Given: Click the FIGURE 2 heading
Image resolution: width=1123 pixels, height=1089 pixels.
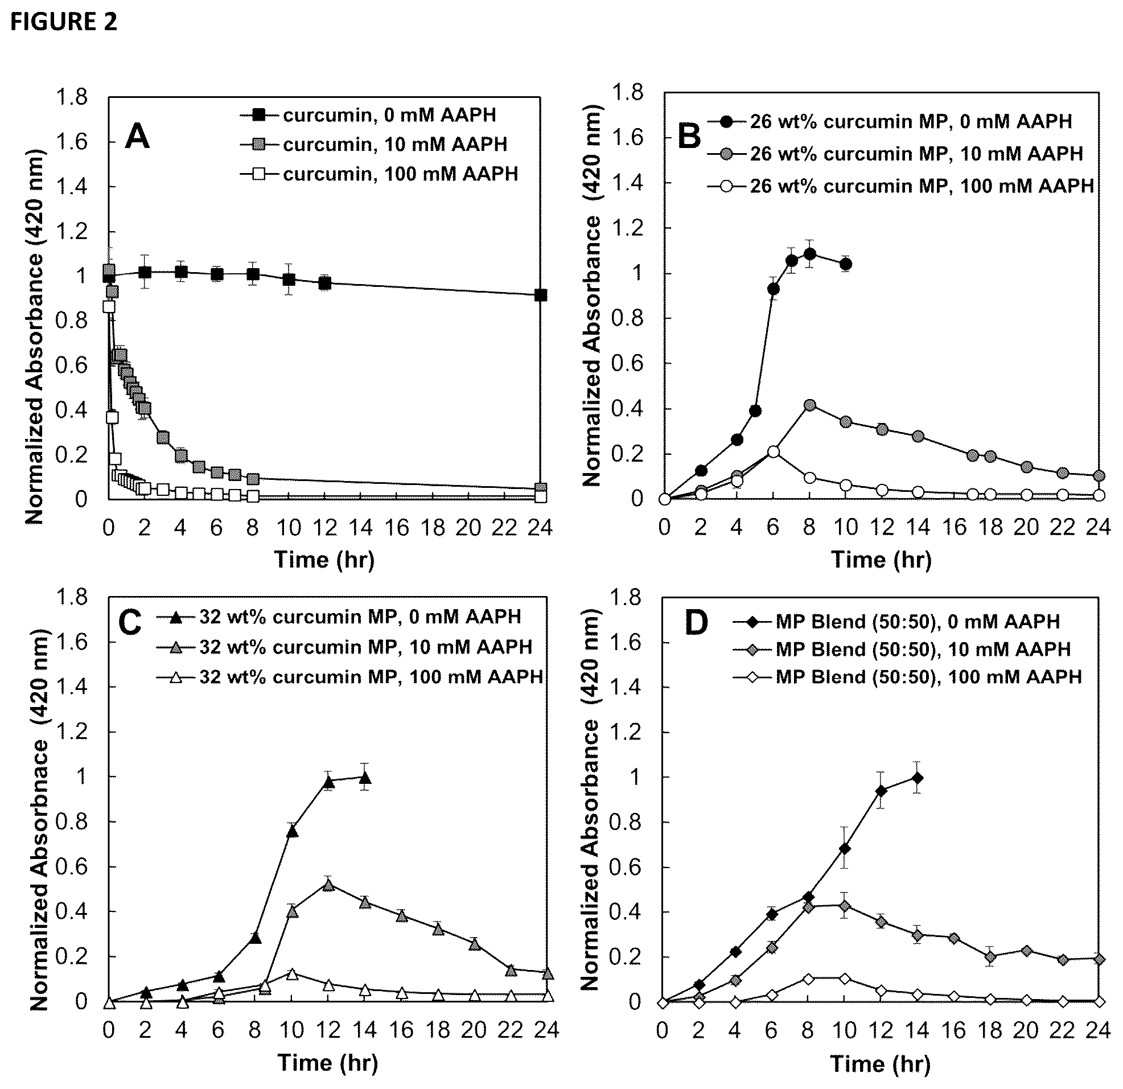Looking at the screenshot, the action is click(64, 22).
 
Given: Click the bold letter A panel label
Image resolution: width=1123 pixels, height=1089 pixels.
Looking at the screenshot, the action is click(137, 138).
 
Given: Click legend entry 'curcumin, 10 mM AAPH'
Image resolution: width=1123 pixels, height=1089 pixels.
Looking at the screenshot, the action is click(373, 144).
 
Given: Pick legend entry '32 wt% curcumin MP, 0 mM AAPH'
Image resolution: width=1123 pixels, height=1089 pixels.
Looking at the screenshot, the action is click(339, 617).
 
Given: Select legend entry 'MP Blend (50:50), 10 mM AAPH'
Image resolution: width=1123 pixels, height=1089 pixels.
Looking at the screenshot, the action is click(902, 649).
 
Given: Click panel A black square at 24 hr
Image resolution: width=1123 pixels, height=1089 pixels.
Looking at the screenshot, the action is click(540, 295).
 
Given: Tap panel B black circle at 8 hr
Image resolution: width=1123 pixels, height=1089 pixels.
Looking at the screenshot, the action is click(809, 254).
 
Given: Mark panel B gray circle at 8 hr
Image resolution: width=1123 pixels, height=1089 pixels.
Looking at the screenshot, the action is click(809, 405).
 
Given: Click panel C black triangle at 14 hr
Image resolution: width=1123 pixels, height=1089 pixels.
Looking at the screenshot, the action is click(364, 778).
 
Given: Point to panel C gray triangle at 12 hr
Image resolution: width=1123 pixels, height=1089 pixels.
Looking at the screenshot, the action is click(328, 885).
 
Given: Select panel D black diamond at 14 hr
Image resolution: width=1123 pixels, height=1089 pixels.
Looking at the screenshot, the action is click(918, 778).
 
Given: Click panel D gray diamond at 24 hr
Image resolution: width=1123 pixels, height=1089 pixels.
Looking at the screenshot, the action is click(1099, 959).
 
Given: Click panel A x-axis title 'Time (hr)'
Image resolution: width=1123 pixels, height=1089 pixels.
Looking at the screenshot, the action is click(324, 559).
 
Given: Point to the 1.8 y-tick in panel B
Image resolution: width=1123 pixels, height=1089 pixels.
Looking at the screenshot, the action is click(628, 92).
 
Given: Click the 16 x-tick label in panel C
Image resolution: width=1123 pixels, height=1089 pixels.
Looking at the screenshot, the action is click(401, 1030).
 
